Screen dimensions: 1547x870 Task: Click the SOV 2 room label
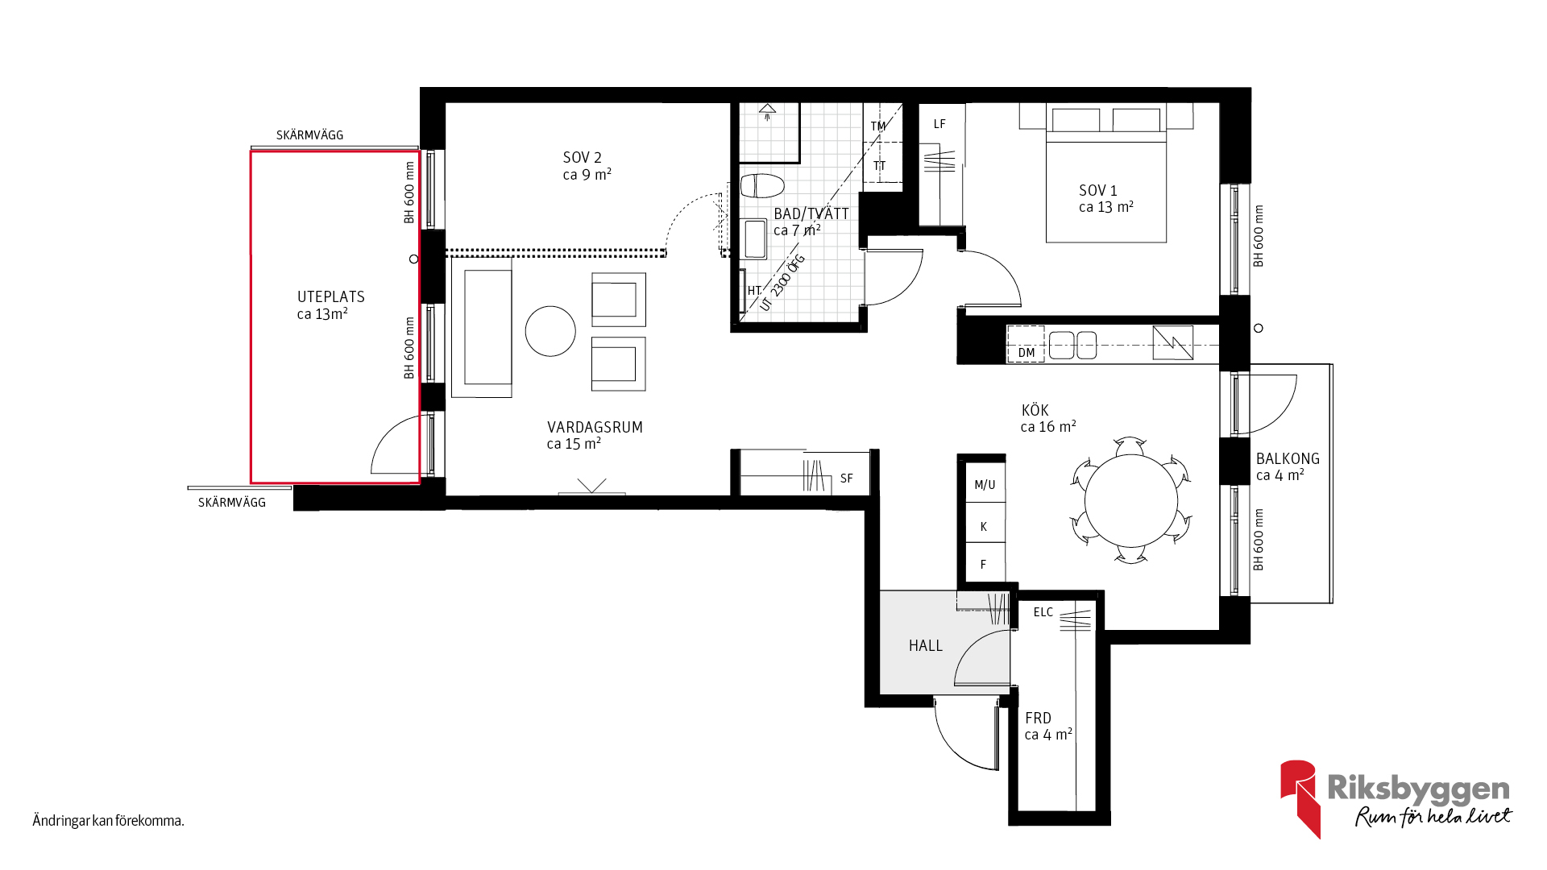582,158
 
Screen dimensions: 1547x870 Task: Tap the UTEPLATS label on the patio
331,297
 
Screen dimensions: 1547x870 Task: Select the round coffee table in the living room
550,331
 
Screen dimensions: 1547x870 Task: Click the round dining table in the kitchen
1131,501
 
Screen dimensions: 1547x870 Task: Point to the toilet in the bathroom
762,186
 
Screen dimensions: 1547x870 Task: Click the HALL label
925,646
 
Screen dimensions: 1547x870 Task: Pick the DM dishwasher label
1026,353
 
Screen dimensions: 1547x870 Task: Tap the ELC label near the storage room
1043,612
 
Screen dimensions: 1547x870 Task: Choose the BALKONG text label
1288,459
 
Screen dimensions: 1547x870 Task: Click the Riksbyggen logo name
1419,789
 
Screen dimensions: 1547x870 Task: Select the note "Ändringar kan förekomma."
109,821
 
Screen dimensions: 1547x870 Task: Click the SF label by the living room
846,478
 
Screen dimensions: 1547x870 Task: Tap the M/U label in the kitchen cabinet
985,485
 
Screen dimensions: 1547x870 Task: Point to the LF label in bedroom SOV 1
939,124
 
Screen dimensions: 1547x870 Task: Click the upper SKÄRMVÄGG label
309,135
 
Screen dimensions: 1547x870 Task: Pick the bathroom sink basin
755,239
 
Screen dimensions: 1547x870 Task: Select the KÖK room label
1035,411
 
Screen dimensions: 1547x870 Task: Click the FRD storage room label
1038,719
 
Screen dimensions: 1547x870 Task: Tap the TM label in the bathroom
878,126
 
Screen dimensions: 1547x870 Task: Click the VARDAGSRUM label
595,428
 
